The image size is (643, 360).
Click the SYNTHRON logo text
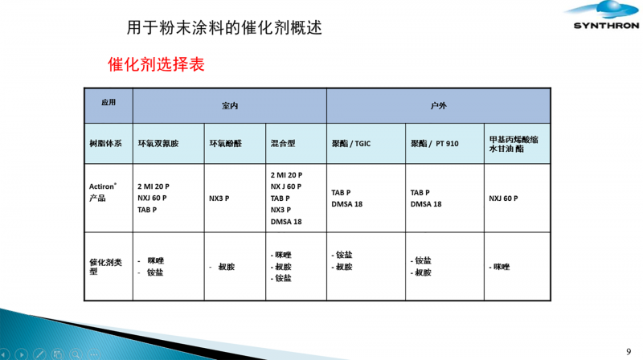tap(606, 26)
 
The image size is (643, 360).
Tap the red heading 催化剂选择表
tap(156, 64)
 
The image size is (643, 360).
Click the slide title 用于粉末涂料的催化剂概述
tap(224, 27)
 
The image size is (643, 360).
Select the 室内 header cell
tap(230, 106)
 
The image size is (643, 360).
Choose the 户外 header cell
tap(438, 106)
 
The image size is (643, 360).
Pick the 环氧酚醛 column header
tap(226, 144)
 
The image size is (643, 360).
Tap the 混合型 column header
tap(283, 144)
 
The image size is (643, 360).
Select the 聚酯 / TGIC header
tap(351, 144)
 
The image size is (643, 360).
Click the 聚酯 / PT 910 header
tap(435, 144)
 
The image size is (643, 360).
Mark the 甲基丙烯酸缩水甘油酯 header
tap(514, 144)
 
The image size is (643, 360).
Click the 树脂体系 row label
tap(106, 144)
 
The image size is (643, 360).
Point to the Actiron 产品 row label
tap(103, 192)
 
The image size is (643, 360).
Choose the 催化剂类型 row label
tap(106, 267)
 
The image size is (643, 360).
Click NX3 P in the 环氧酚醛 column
tap(219, 198)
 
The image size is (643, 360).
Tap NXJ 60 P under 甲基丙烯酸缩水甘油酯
tap(503, 198)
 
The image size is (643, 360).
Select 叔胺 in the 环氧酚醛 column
tap(227, 267)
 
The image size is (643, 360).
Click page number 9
tap(629, 351)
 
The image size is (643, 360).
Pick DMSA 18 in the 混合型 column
tap(286, 222)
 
